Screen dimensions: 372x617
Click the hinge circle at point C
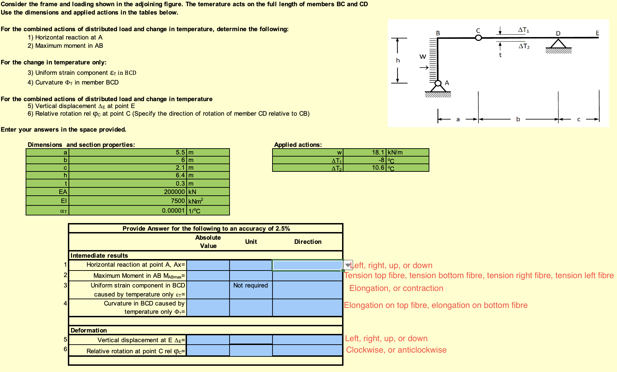pos(478,38)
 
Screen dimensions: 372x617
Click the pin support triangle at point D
pos(558,44)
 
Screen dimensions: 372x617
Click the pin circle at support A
pos(438,83)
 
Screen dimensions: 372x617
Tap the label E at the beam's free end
pos(597,33)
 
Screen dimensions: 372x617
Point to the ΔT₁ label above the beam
pos(523,30)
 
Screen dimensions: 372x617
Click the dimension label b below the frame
pos(518,119)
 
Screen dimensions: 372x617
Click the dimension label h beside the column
pos(398,61)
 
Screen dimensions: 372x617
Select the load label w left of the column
pos(423,56)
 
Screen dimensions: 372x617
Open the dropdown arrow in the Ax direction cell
pos(348,265)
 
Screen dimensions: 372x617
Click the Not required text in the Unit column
pos(251,285)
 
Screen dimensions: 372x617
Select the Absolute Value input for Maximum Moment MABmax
pos(208,276)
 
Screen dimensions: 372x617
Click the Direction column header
pos(307,242)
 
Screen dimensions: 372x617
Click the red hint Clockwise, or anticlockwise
pos(396,350)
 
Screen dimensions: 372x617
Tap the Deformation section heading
pos(89,330)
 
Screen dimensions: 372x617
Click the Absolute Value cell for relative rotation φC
pos(208,351)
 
